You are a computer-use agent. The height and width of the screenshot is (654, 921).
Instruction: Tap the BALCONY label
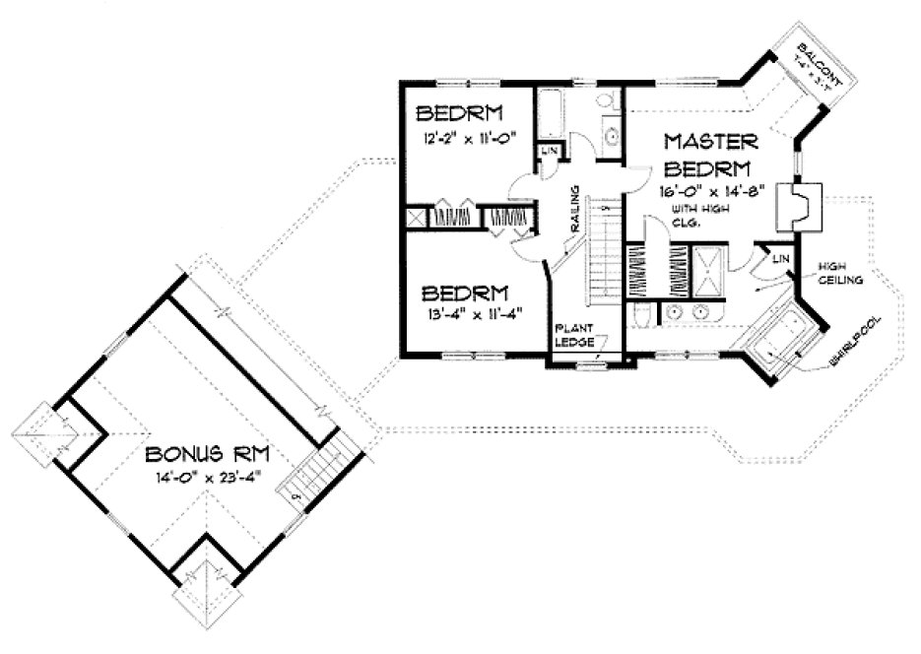pyautogui.click(x=818, y=67)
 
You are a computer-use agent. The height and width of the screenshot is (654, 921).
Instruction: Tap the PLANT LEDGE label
pyautogui.click(x=574, y=335)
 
